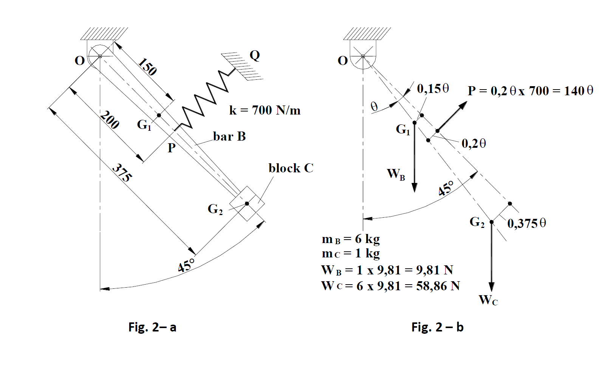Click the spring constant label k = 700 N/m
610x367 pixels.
(265, 110)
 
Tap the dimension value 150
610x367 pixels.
(147, 67)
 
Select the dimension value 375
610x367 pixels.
(122, 173)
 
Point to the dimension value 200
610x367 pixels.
(110, 120)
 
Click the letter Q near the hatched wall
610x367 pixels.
(255, 56)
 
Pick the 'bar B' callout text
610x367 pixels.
(229, 136)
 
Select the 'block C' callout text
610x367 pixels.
(291, 168)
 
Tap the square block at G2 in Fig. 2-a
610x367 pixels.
(247, 203)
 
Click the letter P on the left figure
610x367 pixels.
(172, 148)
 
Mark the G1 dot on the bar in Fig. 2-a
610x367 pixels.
(159, 115)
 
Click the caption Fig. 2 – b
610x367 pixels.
(437, 327)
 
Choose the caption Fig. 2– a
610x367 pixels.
(152, 327)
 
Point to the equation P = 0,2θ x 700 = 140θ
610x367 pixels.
(530, 91)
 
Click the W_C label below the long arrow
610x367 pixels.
(488, 300)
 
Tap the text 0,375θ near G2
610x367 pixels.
(526, 223)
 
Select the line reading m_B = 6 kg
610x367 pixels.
(351, 239)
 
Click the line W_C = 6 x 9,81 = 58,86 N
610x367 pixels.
(390, 286)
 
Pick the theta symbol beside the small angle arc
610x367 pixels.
(374, 107)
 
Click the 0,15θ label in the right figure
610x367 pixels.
(433, 89)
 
